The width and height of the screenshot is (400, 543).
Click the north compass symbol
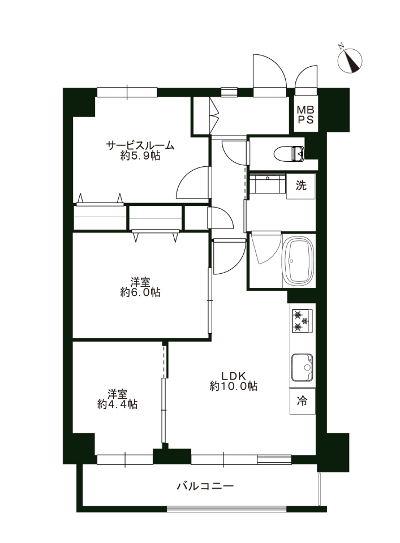pos(350,60)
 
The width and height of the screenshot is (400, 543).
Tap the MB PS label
pos(306,115)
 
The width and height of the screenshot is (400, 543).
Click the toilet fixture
pos(289,153)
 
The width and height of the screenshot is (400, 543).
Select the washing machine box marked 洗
pos(300,186)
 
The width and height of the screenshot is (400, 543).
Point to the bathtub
pos(299,260)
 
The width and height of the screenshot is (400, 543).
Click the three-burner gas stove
pos(302,321)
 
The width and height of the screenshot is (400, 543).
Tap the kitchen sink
pos(302,368)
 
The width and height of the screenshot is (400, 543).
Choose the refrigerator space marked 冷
pos(302,401)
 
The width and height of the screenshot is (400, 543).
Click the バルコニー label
pos(205,486)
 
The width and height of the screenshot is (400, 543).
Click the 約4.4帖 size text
pos(117,404)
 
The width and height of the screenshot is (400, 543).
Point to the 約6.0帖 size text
pos(140,292)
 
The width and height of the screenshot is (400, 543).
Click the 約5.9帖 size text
pos(140,156)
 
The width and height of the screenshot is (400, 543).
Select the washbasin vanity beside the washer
pos(268,184)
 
